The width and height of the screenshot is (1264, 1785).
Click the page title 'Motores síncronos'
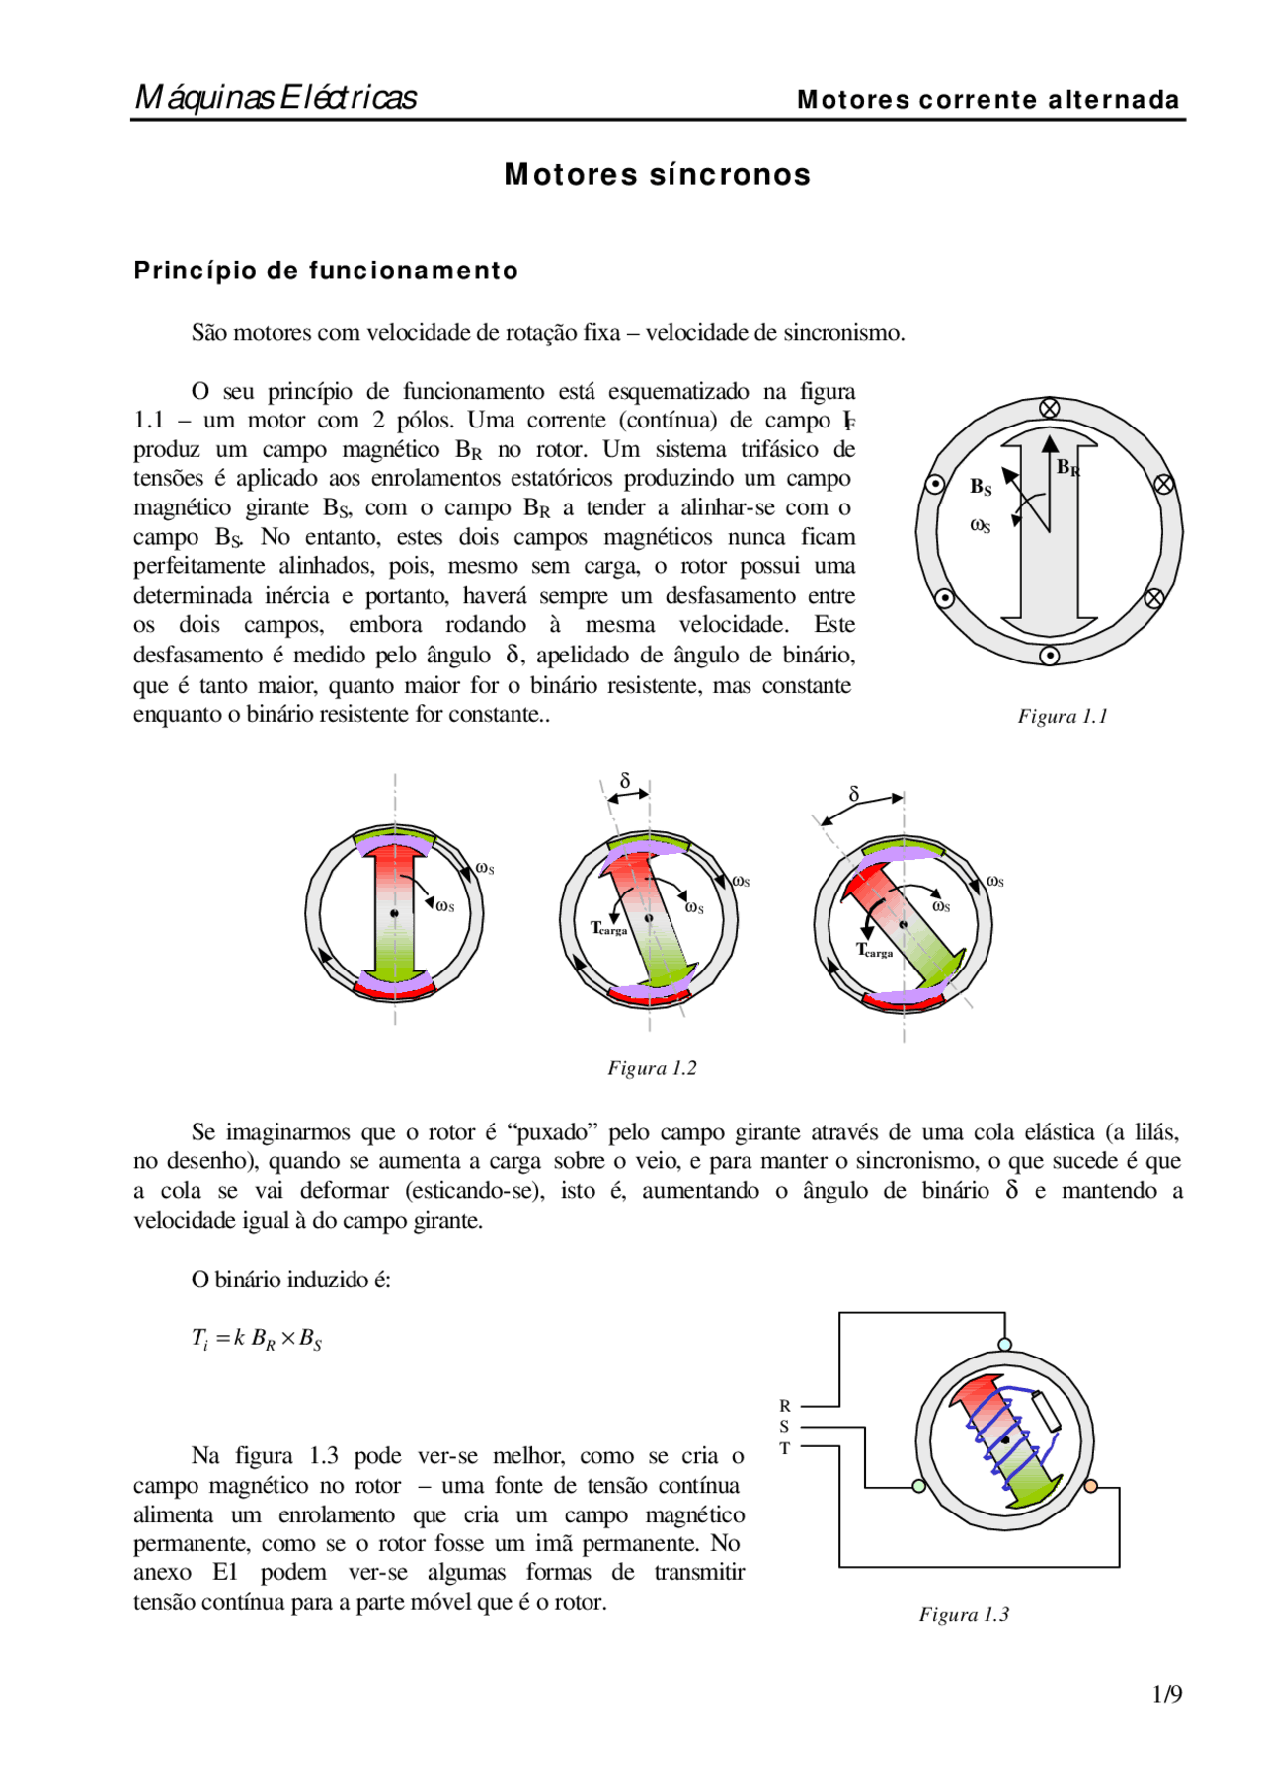[657, 175]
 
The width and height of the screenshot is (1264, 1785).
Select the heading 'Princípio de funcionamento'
[326, 271]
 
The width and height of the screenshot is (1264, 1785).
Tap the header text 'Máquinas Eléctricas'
[276, 97]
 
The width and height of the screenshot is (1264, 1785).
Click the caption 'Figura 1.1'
[1063, 716]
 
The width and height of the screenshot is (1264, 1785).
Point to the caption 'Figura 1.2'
[652, 1068]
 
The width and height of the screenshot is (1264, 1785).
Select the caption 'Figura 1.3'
[964, 1614]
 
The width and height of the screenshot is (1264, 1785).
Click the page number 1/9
[1166, 1694]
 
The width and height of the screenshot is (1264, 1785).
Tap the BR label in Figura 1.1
[1067, 467]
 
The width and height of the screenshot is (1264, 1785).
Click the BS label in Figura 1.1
[980, 486]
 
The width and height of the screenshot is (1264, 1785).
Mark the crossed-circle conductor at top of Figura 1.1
[1050, 408]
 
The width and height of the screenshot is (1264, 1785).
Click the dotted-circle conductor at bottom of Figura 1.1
[1050, 655]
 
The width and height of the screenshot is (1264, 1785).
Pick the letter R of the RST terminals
[785, 1405]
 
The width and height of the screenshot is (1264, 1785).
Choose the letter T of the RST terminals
[785, 1448]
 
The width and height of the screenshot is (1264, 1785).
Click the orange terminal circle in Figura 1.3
[1090, 1486]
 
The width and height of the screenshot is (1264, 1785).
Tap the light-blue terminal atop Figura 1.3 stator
[1005, 1344]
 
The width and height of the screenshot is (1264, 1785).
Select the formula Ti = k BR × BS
[257, 1339]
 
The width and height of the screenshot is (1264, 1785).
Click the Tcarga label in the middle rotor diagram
[608, 928]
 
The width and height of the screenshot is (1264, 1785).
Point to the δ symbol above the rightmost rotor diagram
[854, 794]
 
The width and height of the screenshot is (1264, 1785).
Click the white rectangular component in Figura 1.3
[1046, 1411]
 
